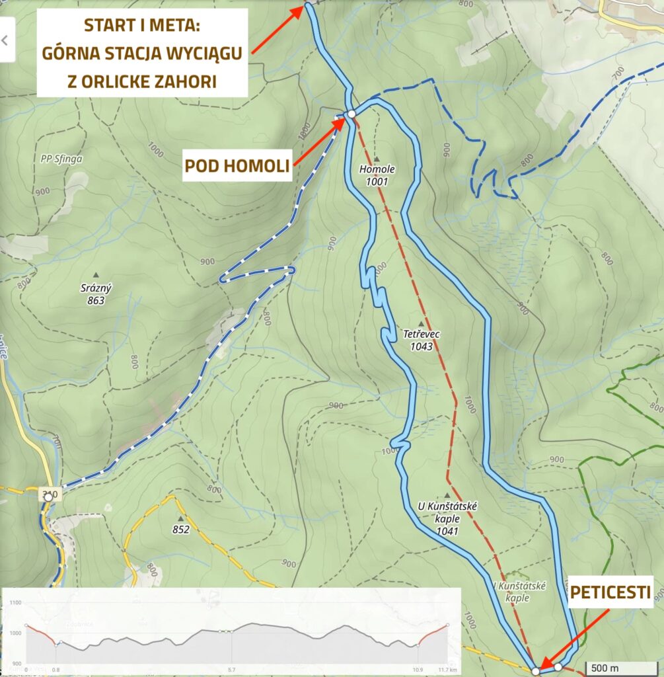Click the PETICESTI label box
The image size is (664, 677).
pyautogui.click(x=610, y=590)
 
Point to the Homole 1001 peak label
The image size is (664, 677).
pyautogui.click(x=377, y=175)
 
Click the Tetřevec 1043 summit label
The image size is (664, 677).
pyautogui.click(x=421, y=340)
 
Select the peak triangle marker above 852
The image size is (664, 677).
pyautogui.click(x=180, y=518)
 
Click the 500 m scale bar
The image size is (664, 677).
pyautogui.click(x=620, y=668)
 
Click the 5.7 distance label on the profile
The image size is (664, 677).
pyautogui.click(x=231, y=670)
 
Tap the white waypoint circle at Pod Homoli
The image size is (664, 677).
pyautogui.click(x=351, y=114)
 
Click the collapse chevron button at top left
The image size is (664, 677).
pyautogui.click(x=6, y=40)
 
